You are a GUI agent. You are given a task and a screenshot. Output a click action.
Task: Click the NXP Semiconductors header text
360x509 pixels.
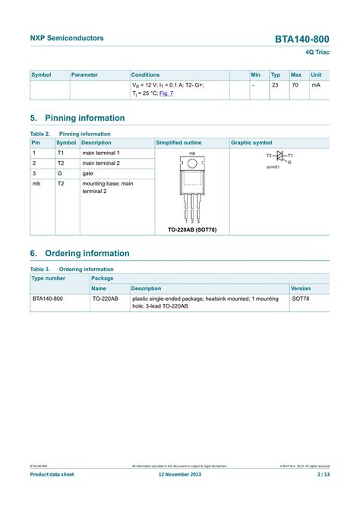point(67,38)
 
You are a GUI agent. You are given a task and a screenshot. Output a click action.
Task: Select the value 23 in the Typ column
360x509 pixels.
point(275,85)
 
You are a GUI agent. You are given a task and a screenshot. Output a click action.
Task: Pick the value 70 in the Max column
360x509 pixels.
point(295,85)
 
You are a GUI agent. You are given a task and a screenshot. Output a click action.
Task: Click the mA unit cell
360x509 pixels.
point(316,85)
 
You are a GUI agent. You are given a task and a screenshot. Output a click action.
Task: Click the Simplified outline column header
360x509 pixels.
point(178,143)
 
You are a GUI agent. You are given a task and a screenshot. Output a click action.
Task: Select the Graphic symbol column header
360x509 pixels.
point(251,143)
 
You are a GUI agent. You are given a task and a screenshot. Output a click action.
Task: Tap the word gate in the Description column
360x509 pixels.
point(89,173)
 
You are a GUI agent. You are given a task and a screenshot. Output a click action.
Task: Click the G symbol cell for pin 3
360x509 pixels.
point(60,173)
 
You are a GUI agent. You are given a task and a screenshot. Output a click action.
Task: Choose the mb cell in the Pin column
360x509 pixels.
point(36,184)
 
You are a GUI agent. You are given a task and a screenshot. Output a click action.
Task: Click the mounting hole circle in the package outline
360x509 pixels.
point(192,163)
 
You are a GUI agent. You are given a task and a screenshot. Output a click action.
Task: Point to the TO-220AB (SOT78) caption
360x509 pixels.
point(192,229)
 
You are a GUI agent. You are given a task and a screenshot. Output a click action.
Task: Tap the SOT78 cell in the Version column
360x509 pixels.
point(301,299)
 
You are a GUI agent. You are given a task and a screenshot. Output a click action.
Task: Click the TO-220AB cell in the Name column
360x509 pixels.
point(105,299)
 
